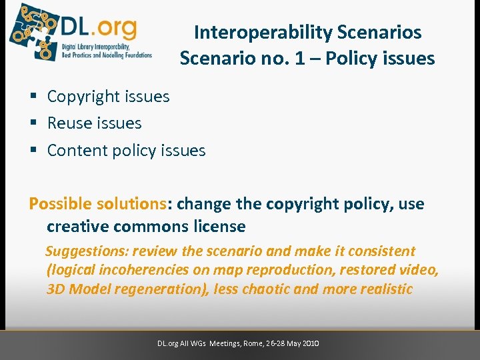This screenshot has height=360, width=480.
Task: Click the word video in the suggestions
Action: tap(419, 270)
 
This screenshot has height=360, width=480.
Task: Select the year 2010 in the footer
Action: tap(311, 343)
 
